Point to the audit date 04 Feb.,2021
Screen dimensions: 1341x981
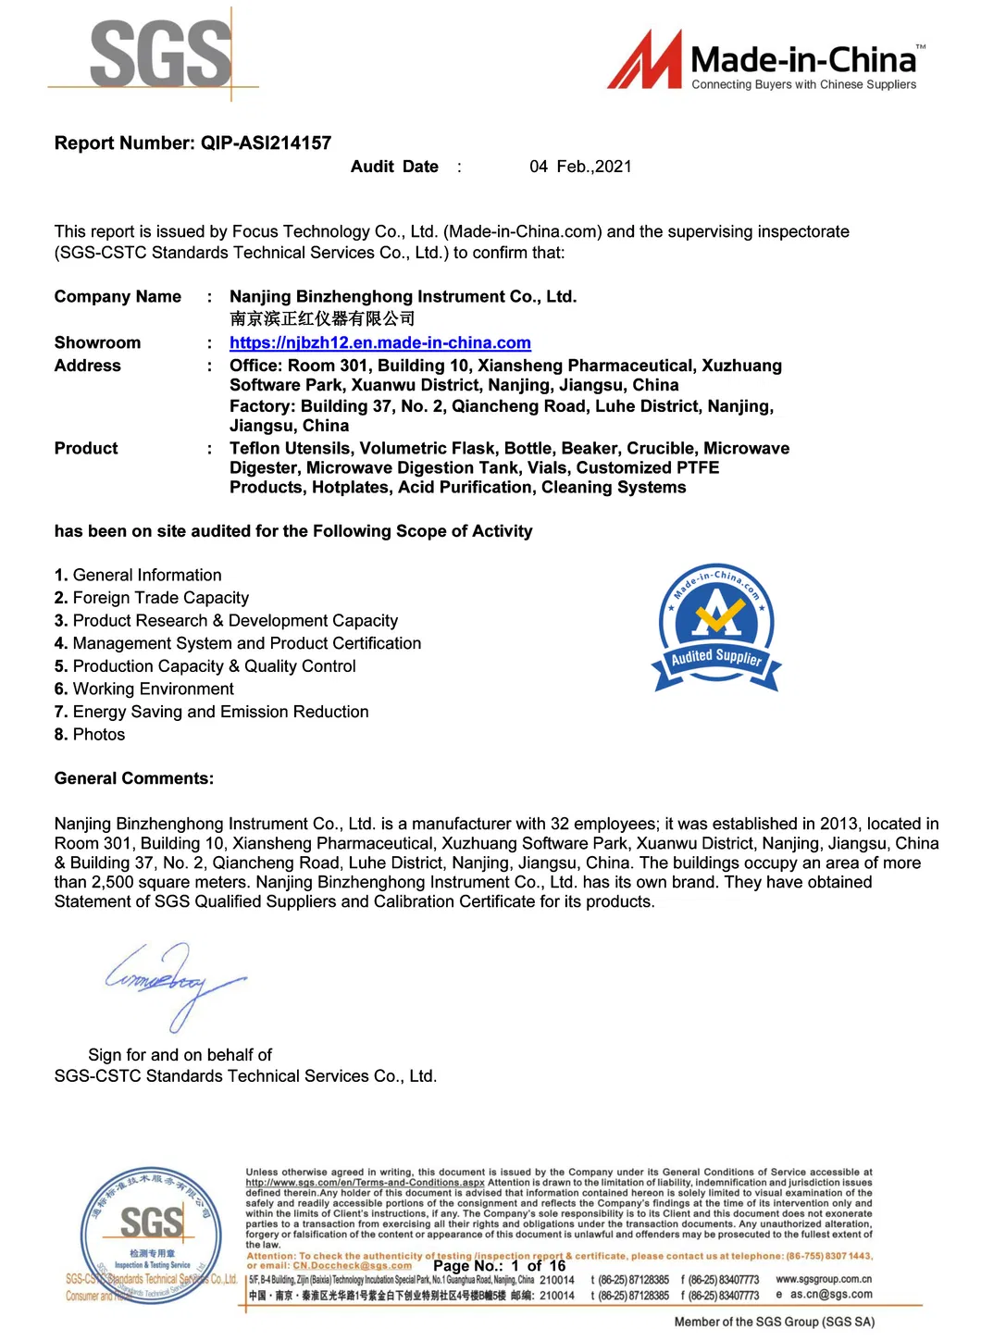[x=580, y=167]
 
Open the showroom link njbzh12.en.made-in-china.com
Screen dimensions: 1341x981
[x=380, y=343]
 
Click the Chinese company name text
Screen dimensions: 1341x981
[x=322, y=319]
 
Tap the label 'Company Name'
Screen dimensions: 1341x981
[x=118, y=297]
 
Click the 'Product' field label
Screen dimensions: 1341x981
[x=86, y=449]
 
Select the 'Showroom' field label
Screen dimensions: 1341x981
[x=97, y=343]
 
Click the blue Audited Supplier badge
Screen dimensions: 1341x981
[x=717, y=627]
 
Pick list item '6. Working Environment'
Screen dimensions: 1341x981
[x=144, y=689]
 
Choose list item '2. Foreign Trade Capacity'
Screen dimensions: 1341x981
[x=152, y=599]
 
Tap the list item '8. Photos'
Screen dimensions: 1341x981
[x=90, y=735]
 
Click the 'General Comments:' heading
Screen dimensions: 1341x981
[x=134, y=779]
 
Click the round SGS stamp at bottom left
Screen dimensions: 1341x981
[x=151, y=1235]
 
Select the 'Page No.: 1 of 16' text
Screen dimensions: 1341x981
[x=499, y=1266]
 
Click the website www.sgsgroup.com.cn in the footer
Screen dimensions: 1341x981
[x=824, y=1280]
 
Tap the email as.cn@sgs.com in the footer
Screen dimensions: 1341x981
[x=830, y=1295]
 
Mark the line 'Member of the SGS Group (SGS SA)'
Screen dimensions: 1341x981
[x=774, y=1322]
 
